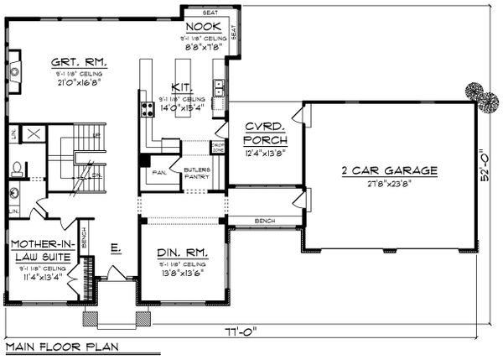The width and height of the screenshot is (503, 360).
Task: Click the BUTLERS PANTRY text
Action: click(200, 174)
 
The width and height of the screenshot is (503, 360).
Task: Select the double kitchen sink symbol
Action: click(219, 86)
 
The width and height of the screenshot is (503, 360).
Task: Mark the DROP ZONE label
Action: click(217, 149)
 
